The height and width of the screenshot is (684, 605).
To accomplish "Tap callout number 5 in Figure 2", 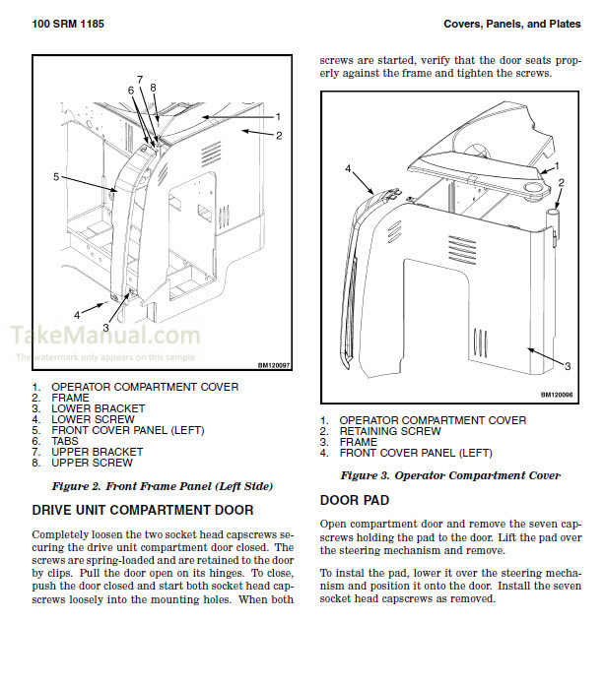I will click(x=56, y=177).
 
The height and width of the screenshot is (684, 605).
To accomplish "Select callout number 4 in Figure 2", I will click(x=76, y=315).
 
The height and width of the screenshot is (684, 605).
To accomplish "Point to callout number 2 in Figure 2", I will click(x=279, y=135).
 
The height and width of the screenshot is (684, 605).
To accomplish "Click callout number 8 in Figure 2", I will click(x=153, y=88).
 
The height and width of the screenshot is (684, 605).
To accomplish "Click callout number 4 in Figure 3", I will click(x=348, y=169).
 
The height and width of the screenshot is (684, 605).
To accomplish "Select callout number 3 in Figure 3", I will click(x=567, y=365).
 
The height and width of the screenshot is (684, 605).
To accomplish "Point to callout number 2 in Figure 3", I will click(x=561, y=182).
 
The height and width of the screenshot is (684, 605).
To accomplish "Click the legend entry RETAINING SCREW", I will click(x=390, y=431).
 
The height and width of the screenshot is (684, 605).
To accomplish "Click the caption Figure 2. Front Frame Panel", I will click(x=162, y=486).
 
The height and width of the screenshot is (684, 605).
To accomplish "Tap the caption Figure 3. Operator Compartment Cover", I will click(x=450, y=475).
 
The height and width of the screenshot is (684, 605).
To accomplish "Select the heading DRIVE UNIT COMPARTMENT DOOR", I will click(x=143, y=510).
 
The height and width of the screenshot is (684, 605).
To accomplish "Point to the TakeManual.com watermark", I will click(x=105, y=337).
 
